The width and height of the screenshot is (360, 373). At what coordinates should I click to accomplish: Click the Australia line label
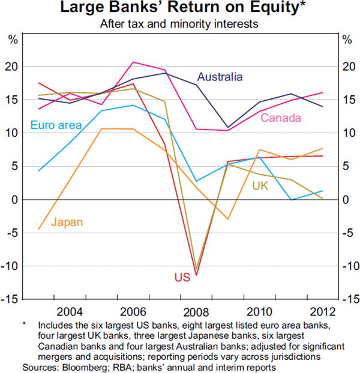pyautogui.click(x=220, y=77)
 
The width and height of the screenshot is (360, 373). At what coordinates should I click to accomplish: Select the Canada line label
pyautogui.click(x=280, y=118)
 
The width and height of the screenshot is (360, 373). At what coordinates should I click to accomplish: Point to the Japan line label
pyautogui.click(x=67, y=222)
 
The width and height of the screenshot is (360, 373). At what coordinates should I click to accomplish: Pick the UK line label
pyautogui.click(x=260, y=186)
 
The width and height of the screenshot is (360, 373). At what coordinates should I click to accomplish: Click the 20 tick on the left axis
pyautogui.click(x=11, y=66)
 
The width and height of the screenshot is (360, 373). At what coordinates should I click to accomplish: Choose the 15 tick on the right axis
pyautogui.click(x=347, y=100)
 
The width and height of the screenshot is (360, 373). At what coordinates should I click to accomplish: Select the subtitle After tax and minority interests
pyautogui.click(x=179, y=25)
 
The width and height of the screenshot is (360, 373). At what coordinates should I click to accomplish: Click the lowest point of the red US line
pyautogui.click(x=196, y=275)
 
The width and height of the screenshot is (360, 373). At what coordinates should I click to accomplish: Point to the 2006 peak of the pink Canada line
pyautogui.click(x=133, y=62)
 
